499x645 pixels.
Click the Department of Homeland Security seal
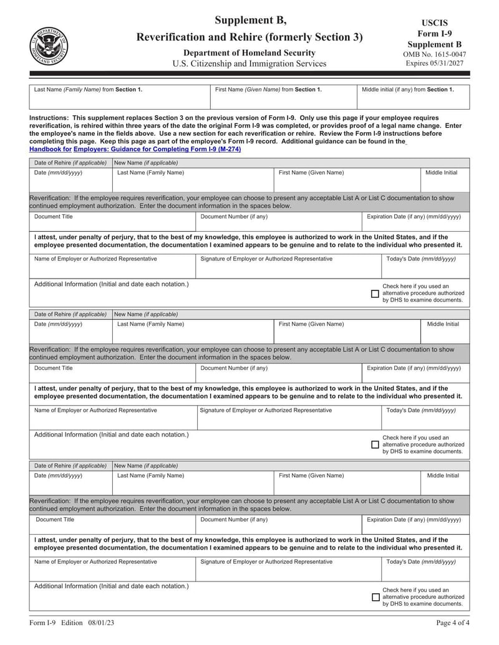[x=49, y=46]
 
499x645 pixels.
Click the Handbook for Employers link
[x=135, y=150]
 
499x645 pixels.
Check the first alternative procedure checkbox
[x=375, y=294]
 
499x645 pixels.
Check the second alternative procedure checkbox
[x=375, y=445]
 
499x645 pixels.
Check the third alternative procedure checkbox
[x=375, y=597]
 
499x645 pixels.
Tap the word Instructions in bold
[x=49, y=118]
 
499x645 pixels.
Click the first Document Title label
[x=54, y=217]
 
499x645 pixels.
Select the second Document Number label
[x=234, y=368]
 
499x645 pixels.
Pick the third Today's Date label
[x=421, y=562]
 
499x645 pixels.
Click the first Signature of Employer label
[x=266, y=259]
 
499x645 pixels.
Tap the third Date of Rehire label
[x=70, y=466]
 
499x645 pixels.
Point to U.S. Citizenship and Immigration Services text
[x=249, y=64]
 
